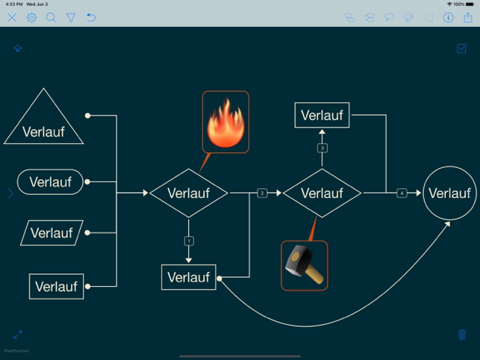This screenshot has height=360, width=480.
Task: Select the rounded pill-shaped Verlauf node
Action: click(x=50, y=181)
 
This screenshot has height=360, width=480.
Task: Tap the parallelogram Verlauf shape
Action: click(x=52, y=233)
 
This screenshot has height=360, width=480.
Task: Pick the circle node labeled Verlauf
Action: click(x=449, y=193)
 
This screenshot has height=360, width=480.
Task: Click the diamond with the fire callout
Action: click(x=188, y=193)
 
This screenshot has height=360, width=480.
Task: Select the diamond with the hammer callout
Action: click(x=322, y=193)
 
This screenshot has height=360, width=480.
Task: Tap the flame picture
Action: click(x=225, y=122)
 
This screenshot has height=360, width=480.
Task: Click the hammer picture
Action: click(x=304, y=265)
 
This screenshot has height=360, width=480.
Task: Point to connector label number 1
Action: click(x=189, y=241)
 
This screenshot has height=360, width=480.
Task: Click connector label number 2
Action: click(x=262, y=193)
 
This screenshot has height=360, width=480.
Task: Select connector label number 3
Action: click(x=322, y=148)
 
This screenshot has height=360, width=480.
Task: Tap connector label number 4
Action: click(x=402, y=193)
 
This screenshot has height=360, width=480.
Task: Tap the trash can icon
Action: click(x=462, y=335)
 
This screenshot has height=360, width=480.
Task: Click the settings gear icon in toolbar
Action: click(x=31, y=17)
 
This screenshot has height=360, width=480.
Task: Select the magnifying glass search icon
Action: click(x=51, y=17)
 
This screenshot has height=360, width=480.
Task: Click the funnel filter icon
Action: click(x=71, y=17)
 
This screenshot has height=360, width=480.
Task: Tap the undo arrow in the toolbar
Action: click(x=90, y=17)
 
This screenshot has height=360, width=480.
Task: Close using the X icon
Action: click(x=12, y=17)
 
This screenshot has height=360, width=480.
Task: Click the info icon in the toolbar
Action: click(x=448, y=17)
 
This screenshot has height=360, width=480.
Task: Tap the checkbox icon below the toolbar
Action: click(x=461, y=49)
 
